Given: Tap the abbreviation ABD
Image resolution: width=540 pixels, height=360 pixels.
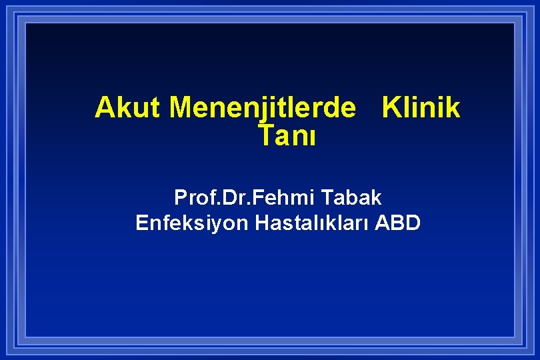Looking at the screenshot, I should pos(398,223).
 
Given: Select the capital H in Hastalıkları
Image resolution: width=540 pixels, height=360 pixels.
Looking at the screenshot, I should pos(261,223).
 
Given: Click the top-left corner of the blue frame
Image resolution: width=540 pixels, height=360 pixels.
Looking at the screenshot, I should pos(25,21).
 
